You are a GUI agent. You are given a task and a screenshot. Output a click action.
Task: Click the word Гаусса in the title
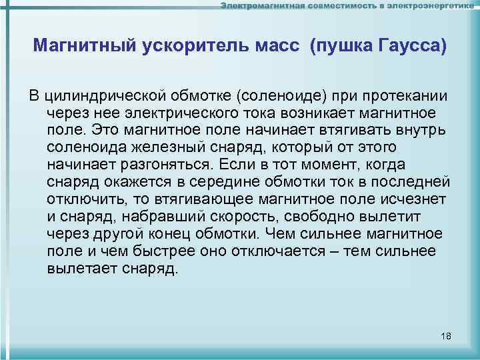[412, 46]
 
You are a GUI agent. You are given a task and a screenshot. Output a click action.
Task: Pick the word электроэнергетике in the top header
[433, 6]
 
